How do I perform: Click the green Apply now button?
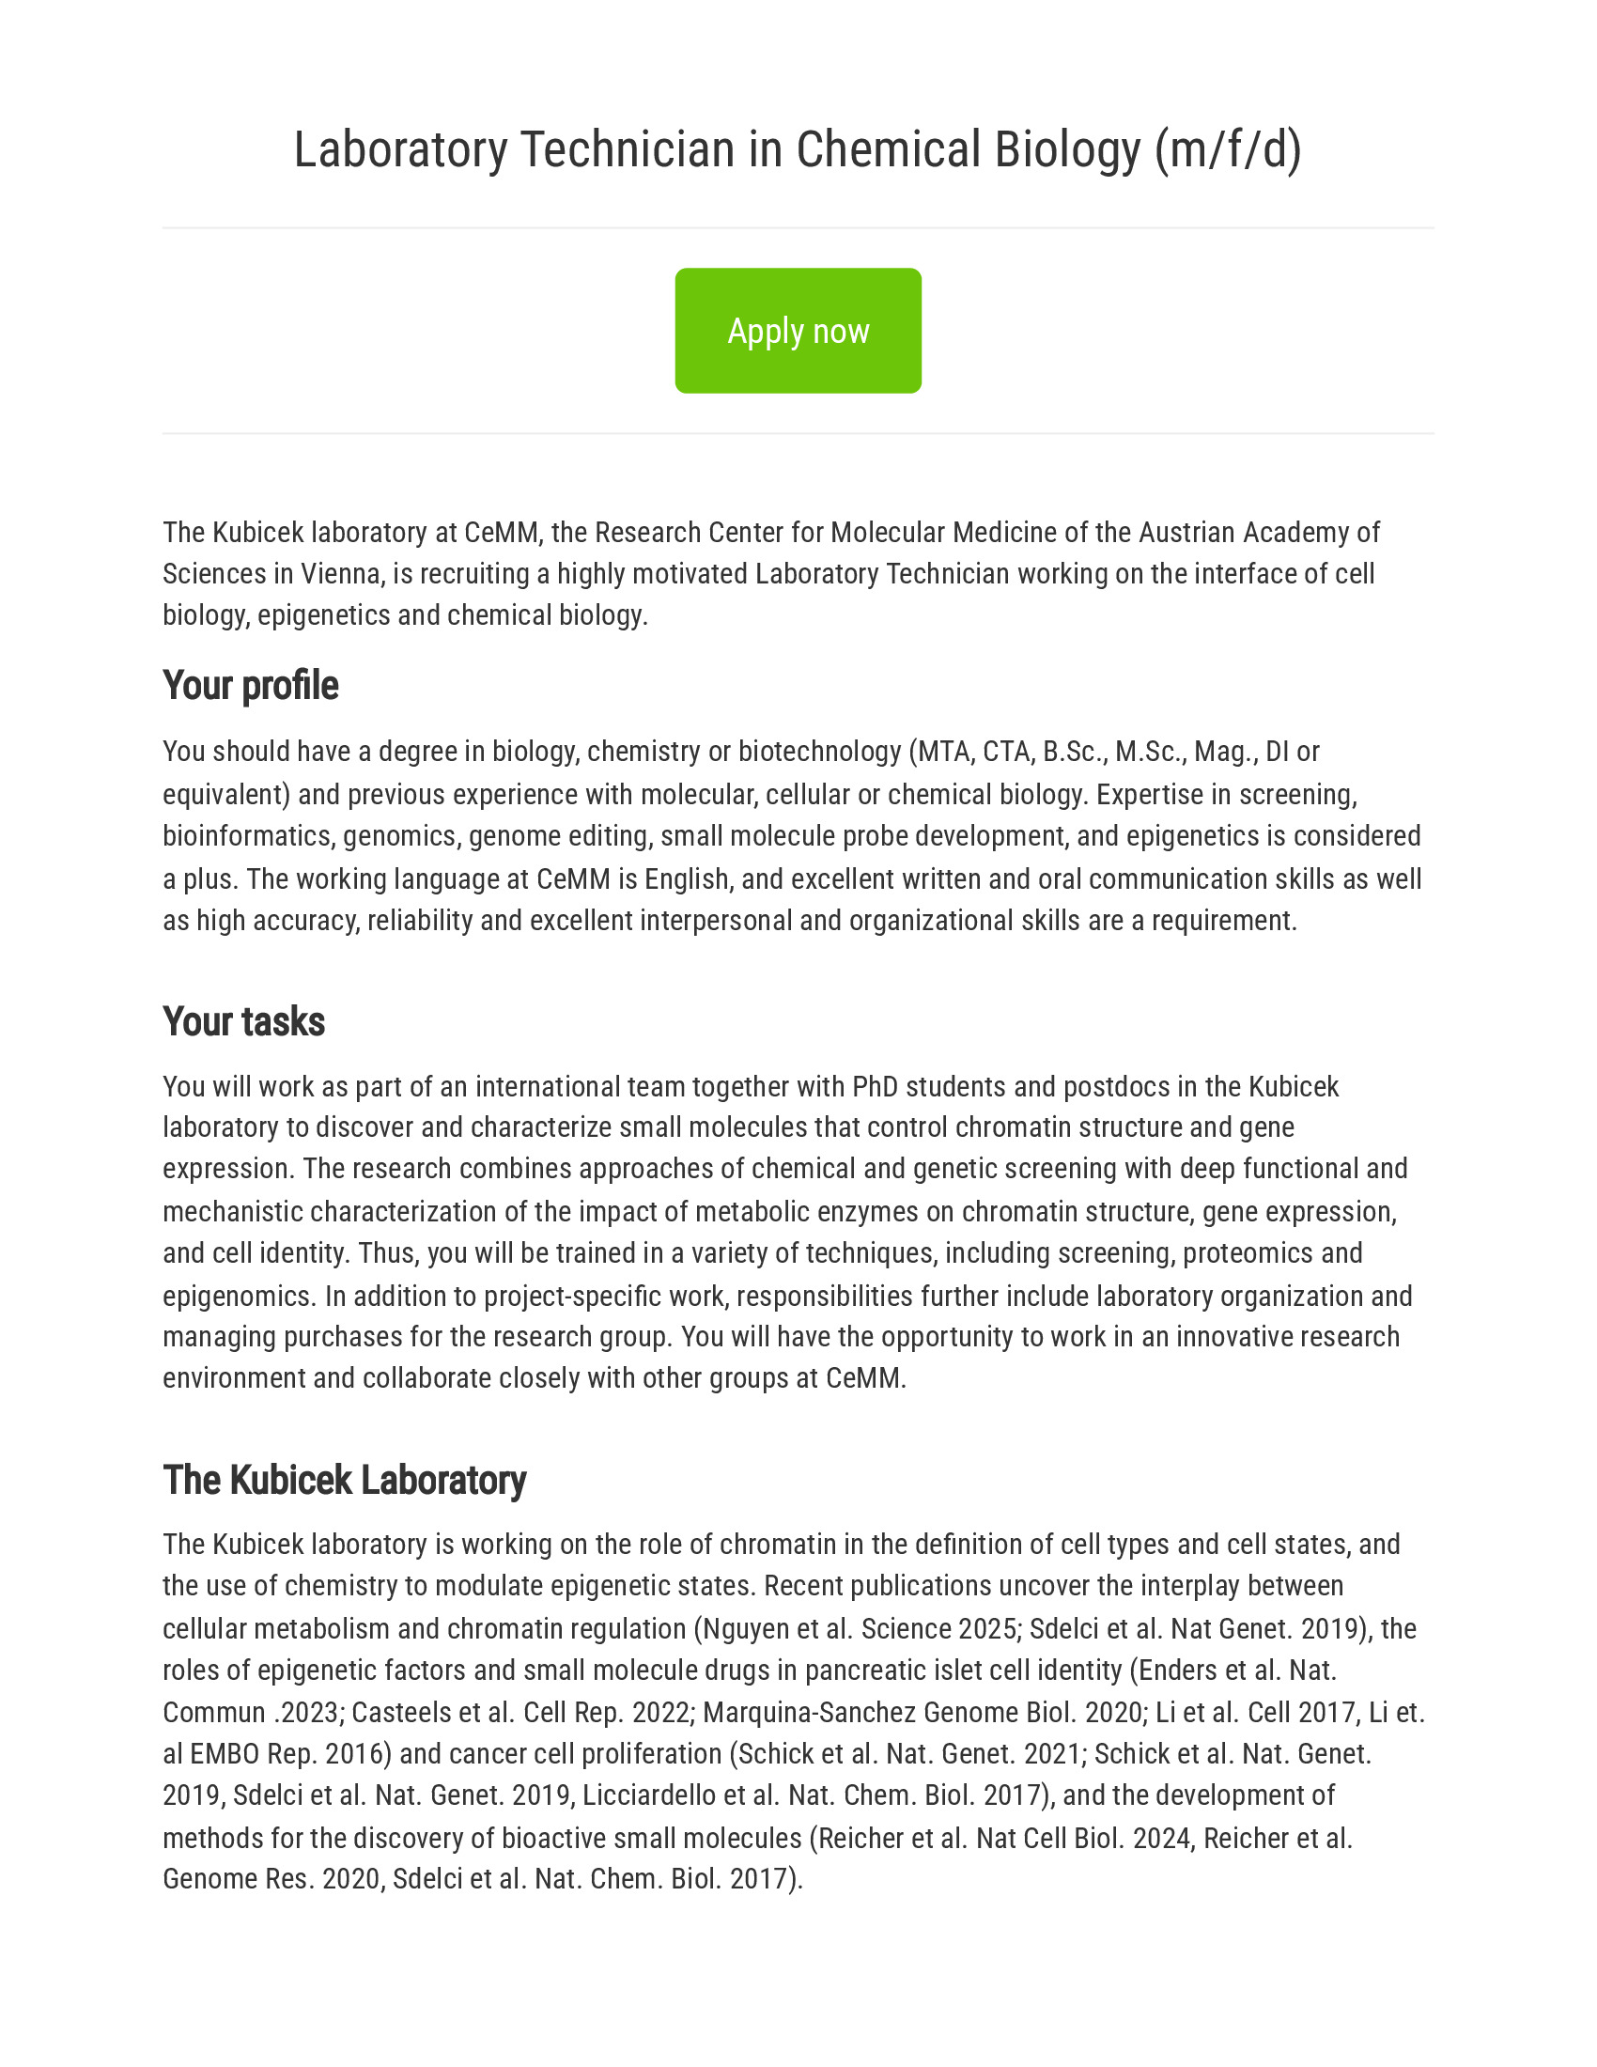tap(798, 331)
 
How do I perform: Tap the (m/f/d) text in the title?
tap(1227, 149)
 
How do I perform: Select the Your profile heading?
tap(250, 685)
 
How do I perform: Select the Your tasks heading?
tap(243, 1021)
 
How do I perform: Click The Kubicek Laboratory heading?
tap(345, 1479)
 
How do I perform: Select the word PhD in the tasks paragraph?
tap(876, 1086)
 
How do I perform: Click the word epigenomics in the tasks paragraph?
tap(236, 1296)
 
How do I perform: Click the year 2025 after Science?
tap(989, 1629)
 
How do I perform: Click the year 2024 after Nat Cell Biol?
tap(1161, 1838)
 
